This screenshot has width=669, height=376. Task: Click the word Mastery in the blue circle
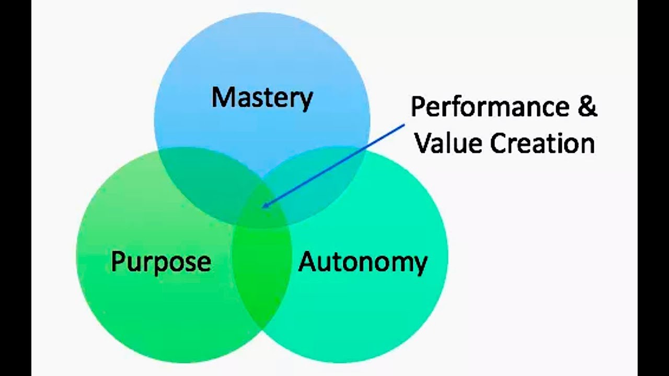pos(262,98)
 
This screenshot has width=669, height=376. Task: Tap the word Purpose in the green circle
pos(161,261)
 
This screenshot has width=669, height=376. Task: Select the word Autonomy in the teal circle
pos(363,262)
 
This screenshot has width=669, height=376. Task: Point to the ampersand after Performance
pos(587,107)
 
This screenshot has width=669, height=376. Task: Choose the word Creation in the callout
pos(542,143)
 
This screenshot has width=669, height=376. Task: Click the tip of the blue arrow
pos(263,207)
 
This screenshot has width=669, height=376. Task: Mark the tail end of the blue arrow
pos(405,124)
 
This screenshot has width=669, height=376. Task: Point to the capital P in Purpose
pos(118,261)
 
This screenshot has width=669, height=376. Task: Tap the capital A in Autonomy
pos(308,261)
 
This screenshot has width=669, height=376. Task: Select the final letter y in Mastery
pos(306,101)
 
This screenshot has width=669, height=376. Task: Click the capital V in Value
pos(423,143)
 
